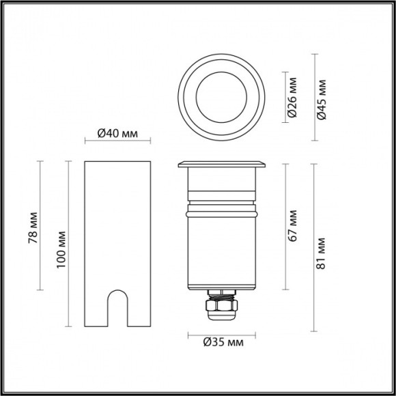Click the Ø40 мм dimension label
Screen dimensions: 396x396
(117, 133)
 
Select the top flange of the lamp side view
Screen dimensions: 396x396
(221, 165)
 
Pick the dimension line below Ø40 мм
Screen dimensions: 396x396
(117, 141)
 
